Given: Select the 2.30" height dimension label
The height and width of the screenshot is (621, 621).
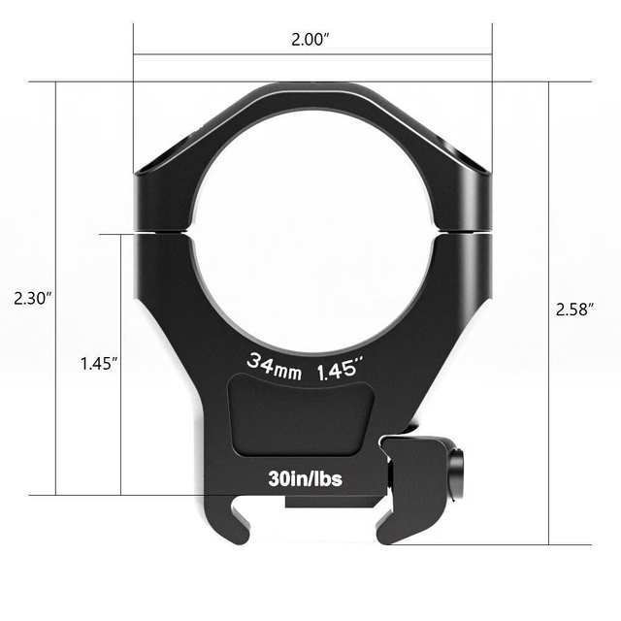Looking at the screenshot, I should coord(33,299).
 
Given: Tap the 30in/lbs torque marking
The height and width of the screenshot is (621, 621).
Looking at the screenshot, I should coord(305,478).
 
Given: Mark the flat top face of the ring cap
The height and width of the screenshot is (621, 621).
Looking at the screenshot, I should coord(311,89).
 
